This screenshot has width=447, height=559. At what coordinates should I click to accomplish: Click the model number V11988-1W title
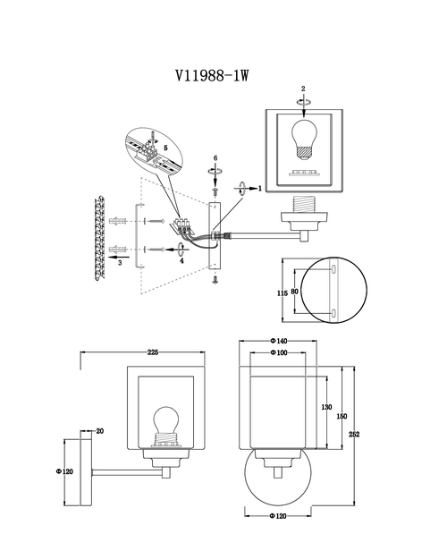[212, 75]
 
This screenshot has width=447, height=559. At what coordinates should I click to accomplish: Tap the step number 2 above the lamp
[303, 89]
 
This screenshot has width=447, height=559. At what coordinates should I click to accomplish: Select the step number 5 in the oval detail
[165, 148]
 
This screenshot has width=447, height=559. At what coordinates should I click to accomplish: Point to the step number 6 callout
[215, 158]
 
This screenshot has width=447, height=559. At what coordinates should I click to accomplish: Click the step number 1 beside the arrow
[260, 188]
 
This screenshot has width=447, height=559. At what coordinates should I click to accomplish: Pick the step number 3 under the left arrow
[120, 263]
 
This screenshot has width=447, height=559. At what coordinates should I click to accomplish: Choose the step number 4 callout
[181, 260]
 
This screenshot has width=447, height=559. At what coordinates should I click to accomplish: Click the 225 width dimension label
[153, 352]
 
